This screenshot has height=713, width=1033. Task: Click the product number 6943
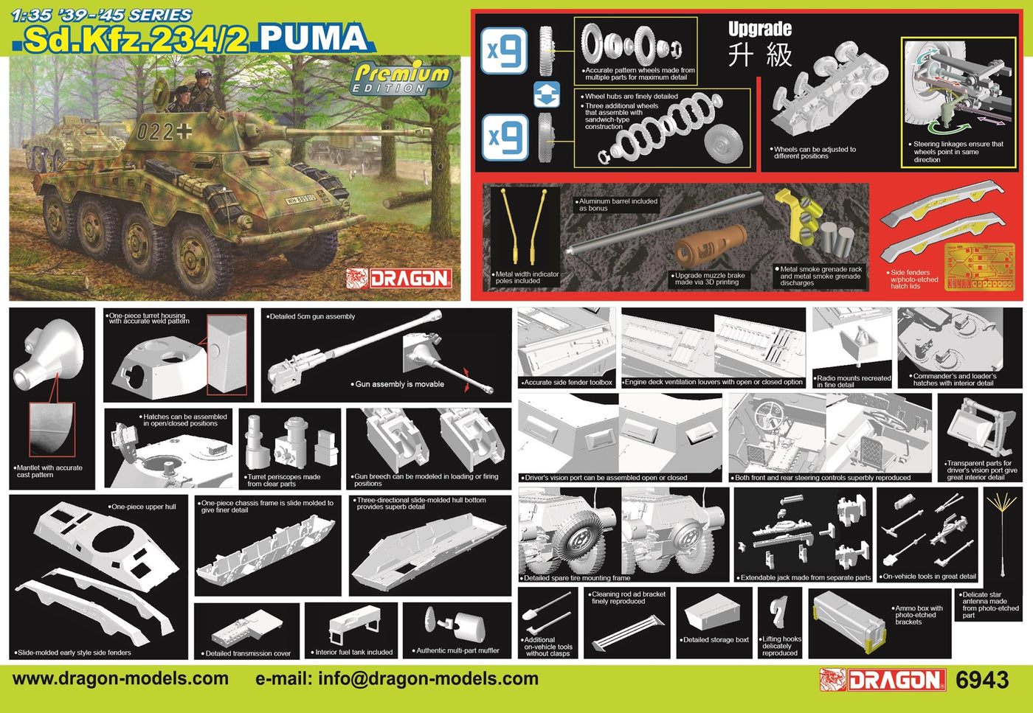point(982,681)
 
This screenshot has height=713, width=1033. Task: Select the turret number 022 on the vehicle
point(155,132)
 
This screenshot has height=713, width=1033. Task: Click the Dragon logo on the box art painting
point(399,279)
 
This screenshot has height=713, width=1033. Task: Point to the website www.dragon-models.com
point(120,678)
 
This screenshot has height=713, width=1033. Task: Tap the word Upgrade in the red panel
point(760,29)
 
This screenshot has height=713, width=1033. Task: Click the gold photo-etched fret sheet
point(980,267)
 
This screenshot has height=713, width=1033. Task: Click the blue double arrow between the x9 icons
point(547,94)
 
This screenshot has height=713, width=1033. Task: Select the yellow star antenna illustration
point(1003,534)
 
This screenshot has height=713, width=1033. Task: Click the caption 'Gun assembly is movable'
point(399,384)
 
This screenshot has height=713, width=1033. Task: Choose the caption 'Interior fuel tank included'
point(353,652)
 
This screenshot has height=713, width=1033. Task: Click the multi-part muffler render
point(455,625)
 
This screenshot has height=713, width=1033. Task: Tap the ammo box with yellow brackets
point(849,622)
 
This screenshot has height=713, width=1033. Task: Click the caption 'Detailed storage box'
point(716,640)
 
